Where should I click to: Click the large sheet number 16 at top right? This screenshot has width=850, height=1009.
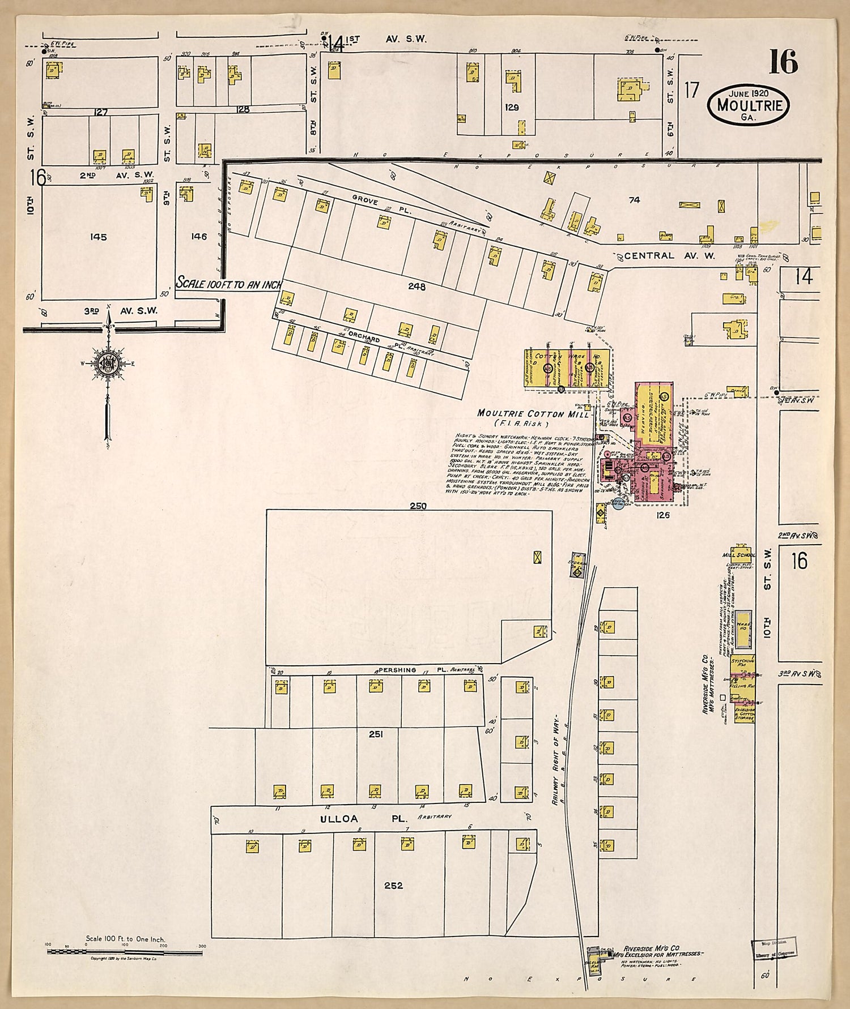point(783,62)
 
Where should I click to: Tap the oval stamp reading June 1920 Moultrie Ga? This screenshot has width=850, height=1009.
point(748,105)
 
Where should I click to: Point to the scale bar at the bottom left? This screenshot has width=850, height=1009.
point(125,952)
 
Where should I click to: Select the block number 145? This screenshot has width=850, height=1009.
point(98,237)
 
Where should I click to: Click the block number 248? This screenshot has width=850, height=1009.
point(416,287)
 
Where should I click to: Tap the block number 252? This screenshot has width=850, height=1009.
point(393,885)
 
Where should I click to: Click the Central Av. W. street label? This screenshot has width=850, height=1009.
point(669,256)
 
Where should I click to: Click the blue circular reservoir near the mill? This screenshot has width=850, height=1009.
point(618,503)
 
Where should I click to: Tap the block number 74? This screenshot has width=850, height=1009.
point(634,199)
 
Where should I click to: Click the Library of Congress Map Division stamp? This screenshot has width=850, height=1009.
point(774,947)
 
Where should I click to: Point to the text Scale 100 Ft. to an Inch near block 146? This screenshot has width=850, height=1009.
point(228,284)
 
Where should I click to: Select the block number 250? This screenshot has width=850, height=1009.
point(418,506)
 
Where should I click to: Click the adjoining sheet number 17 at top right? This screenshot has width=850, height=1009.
point(692,90)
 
